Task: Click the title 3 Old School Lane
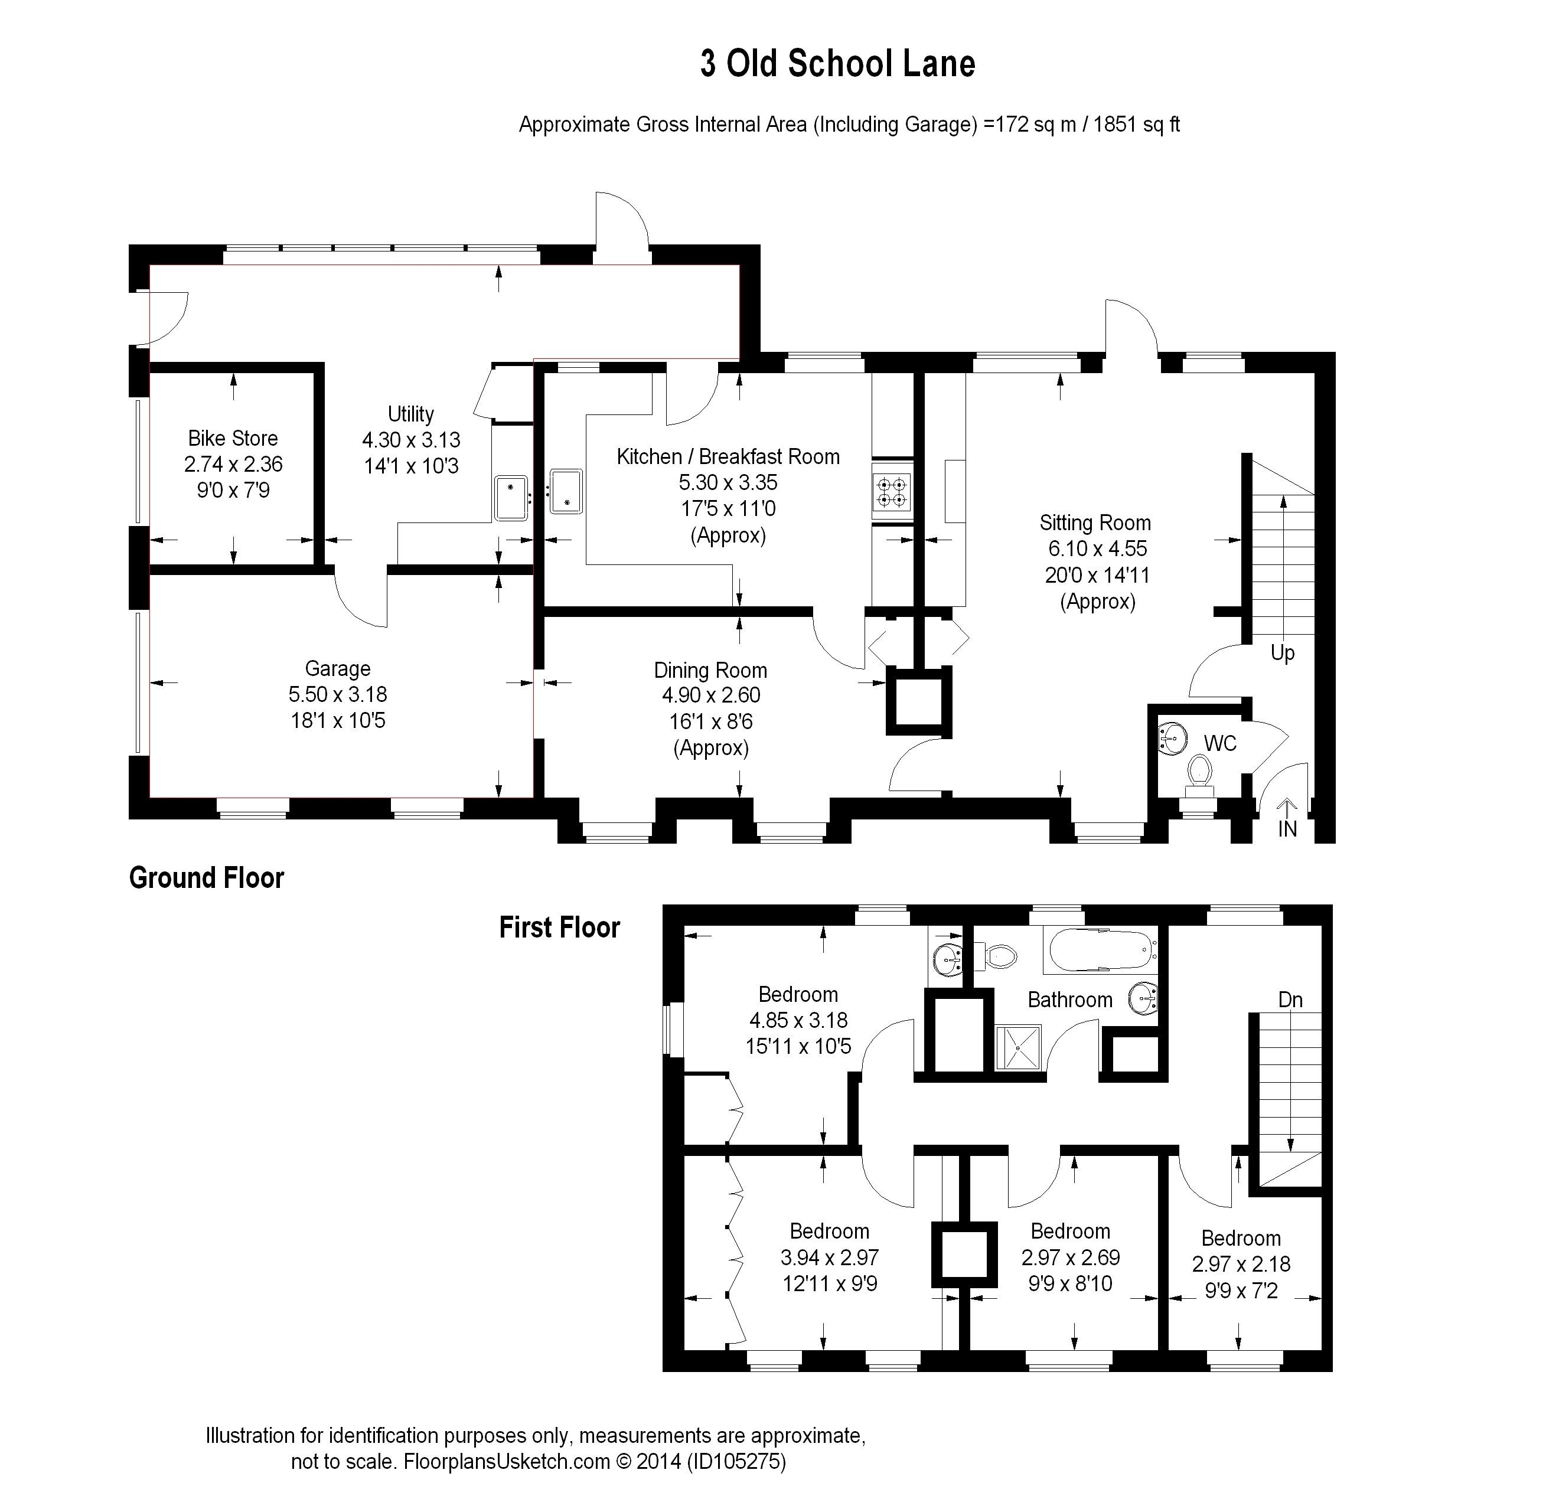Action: pos(837,64)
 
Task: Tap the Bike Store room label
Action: pos(233,438)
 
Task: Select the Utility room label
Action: pos(410,413)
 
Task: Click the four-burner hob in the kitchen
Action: pos(892,491)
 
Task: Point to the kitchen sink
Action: pos(566,491)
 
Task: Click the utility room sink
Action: pos(511,497)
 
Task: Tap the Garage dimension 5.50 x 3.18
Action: pos(338,694)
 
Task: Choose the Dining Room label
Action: pos(710,670)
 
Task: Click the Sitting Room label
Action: pos(1095,522)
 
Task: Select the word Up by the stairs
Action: pos(1282,653)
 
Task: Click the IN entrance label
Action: pos(1287,829)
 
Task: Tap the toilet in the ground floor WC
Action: pos(1199,775)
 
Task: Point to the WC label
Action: pos(1220,743)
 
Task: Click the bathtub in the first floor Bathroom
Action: pos(1102,950)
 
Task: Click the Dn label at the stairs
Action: pos(1290,1000)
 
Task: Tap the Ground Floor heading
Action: pos(206,878)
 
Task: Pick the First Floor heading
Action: pos(559,927)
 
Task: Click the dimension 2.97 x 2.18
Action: pos(1241,1264)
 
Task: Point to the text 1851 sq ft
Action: pos(1137,125)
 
